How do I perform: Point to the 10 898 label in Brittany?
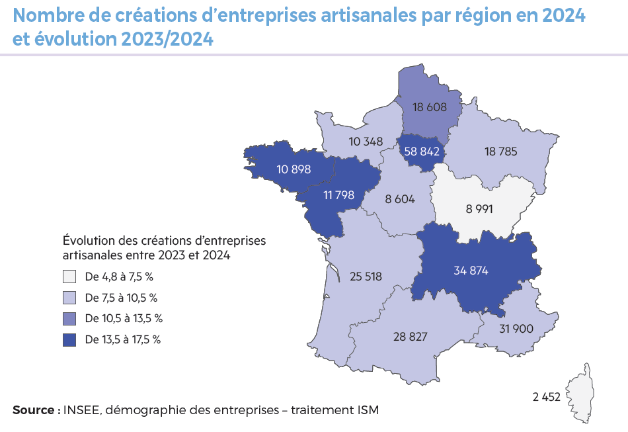coord(294,169)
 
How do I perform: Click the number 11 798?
coord(339,195)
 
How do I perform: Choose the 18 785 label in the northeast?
coord(500,151)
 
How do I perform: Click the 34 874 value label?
coord(471,270)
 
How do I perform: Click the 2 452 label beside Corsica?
coord(546,397)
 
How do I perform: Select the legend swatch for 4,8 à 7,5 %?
coord(70,277)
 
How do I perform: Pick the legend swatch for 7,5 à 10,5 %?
coord(70,298)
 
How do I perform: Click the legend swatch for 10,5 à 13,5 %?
coord(70,319)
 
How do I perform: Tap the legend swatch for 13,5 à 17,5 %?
coord(70,340)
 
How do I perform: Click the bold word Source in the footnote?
coord(33,410)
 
